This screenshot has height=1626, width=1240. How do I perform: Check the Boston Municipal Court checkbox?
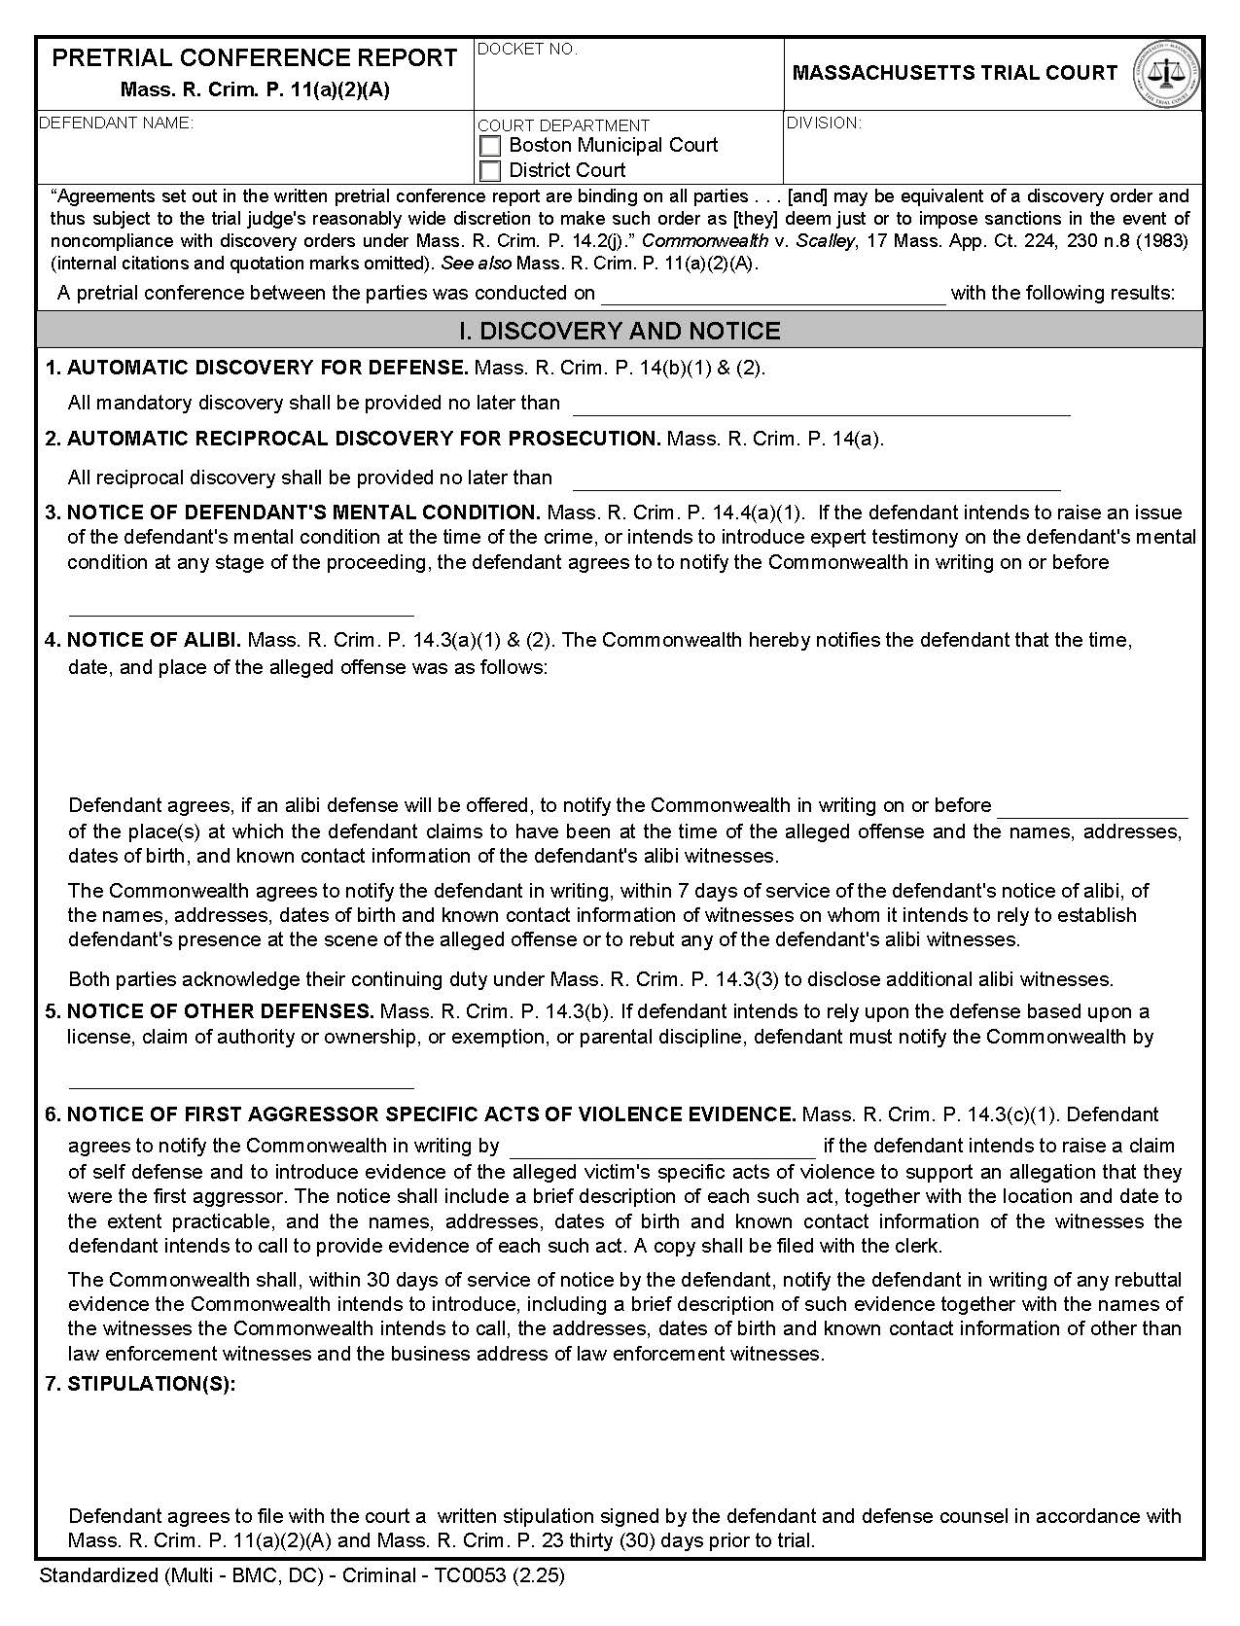click(x=491, y=146)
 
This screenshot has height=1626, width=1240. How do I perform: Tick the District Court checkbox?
click(x=491, y=171)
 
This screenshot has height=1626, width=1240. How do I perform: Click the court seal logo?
click(x=1166, y=73)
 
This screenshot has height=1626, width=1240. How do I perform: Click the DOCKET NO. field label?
click(x=527, y=50)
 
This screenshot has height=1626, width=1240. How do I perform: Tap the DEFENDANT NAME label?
click(x=116, y=123)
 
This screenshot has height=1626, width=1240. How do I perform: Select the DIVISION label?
click(x=823, y=123)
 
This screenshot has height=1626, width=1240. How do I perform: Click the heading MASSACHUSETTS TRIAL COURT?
click(x=954, y=73)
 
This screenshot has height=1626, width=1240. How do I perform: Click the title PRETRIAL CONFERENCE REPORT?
click(x=254, y=58)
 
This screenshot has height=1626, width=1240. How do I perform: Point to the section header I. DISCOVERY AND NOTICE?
click(x=620, y=332)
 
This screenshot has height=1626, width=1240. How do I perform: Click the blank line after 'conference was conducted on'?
click(x=773, y=295)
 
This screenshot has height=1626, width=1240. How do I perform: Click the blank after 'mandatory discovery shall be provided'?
click(x=822, y=405)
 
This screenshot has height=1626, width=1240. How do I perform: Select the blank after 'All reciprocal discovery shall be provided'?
click(x=816, y=479)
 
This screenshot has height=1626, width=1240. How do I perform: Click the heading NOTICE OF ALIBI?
click(x=154, y=640)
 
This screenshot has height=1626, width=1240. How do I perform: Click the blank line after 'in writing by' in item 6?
click(x=662, y=1148)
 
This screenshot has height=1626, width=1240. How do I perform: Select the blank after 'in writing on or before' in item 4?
click(x=1092, y=807)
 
